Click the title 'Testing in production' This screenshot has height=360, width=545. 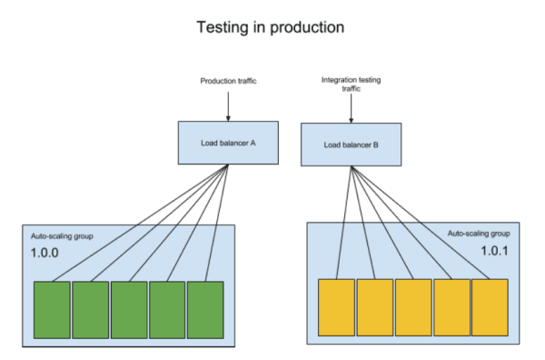pyautogui.click(x=271, y=27)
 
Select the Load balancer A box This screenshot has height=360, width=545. pyautogui.click(x=227, y=142)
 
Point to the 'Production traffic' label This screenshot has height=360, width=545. pyautogui.click(x=227, y=82)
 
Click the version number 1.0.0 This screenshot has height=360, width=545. pyautogui.click(x=43, y=255)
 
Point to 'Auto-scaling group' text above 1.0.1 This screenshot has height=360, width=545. pyautogui.click(x=484, y=233)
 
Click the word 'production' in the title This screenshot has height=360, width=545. pyautogui.click(x=306, y=28)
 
